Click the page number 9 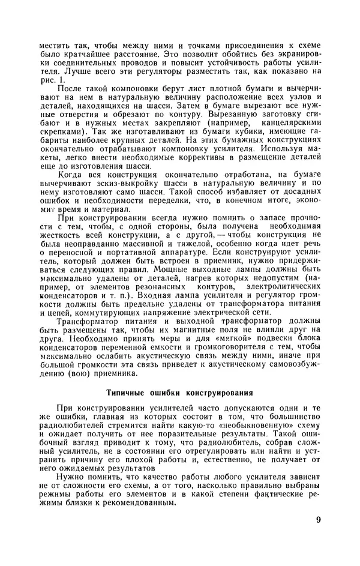coord(318,520)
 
